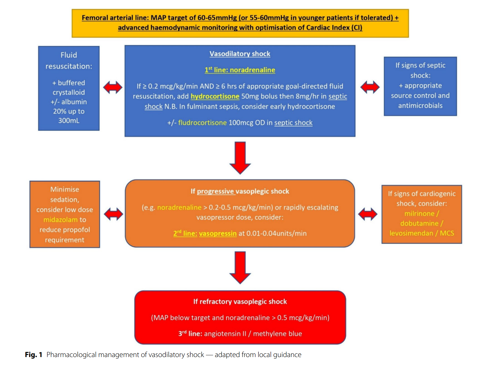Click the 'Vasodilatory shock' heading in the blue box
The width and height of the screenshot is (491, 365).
(240, 54)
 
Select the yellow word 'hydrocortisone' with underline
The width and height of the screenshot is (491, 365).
(215, 96)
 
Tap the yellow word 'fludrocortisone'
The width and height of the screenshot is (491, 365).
(202, 123)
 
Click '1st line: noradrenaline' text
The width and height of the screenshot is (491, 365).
(240, 70)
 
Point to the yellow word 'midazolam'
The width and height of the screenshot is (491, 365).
(61, 220)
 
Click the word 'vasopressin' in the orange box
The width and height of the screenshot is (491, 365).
(218, 234)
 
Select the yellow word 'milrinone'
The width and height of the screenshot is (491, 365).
(419, 214)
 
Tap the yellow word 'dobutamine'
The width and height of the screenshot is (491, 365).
(419, 224)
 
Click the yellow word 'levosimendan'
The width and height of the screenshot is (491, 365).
(411, 233)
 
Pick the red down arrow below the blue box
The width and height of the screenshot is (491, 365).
(240, 158)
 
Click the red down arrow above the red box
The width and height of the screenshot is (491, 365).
(240, 267)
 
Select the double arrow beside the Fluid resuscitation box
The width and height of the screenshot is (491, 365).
(113, 87)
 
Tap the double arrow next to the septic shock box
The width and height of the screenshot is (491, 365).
(370, 87)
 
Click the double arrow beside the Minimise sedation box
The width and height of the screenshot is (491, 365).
(113, 214)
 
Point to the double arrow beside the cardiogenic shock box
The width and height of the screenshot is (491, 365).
(368, 214)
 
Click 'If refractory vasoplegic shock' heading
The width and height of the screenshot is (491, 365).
(240, 302)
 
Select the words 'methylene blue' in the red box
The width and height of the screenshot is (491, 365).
(277, 334)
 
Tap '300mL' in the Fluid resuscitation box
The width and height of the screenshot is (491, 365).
(69, 121)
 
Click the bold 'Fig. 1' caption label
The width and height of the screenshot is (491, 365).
(34, 355)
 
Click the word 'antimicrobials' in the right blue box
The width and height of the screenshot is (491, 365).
(420, 106)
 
